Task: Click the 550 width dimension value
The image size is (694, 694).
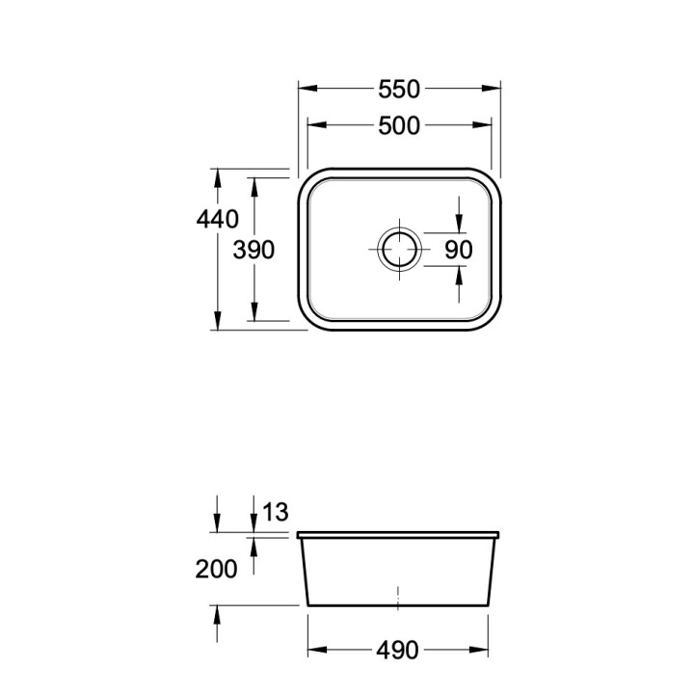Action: coord(399,89)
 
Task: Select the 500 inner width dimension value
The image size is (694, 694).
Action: coord(399,125)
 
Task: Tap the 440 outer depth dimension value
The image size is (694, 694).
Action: coord(217,219)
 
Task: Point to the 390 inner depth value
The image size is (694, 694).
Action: coord(254,250)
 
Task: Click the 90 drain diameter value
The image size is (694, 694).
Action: coord(459,250)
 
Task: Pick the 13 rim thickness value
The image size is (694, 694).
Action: coord(276,512)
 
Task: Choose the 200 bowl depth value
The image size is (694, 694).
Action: coord(216,570)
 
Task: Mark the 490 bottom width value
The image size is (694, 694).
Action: coord(397,651)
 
